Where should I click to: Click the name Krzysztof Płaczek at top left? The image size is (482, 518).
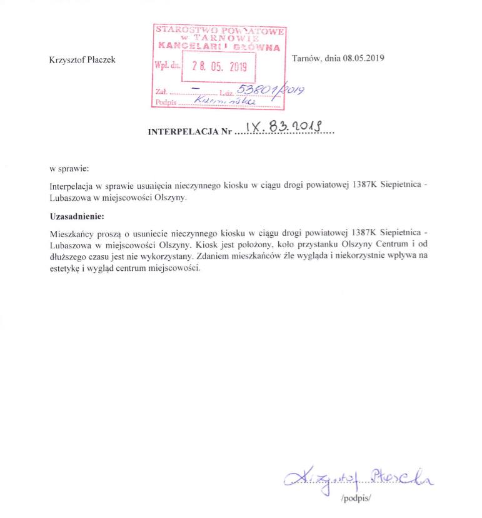82,60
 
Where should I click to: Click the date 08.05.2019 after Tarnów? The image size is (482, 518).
363,58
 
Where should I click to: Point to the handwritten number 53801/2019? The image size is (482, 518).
272,91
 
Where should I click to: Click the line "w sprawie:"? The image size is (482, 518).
69,169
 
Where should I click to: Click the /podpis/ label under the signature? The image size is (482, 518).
357,499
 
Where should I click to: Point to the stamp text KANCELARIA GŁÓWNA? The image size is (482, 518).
219,46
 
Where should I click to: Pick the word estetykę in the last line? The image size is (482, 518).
65,268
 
